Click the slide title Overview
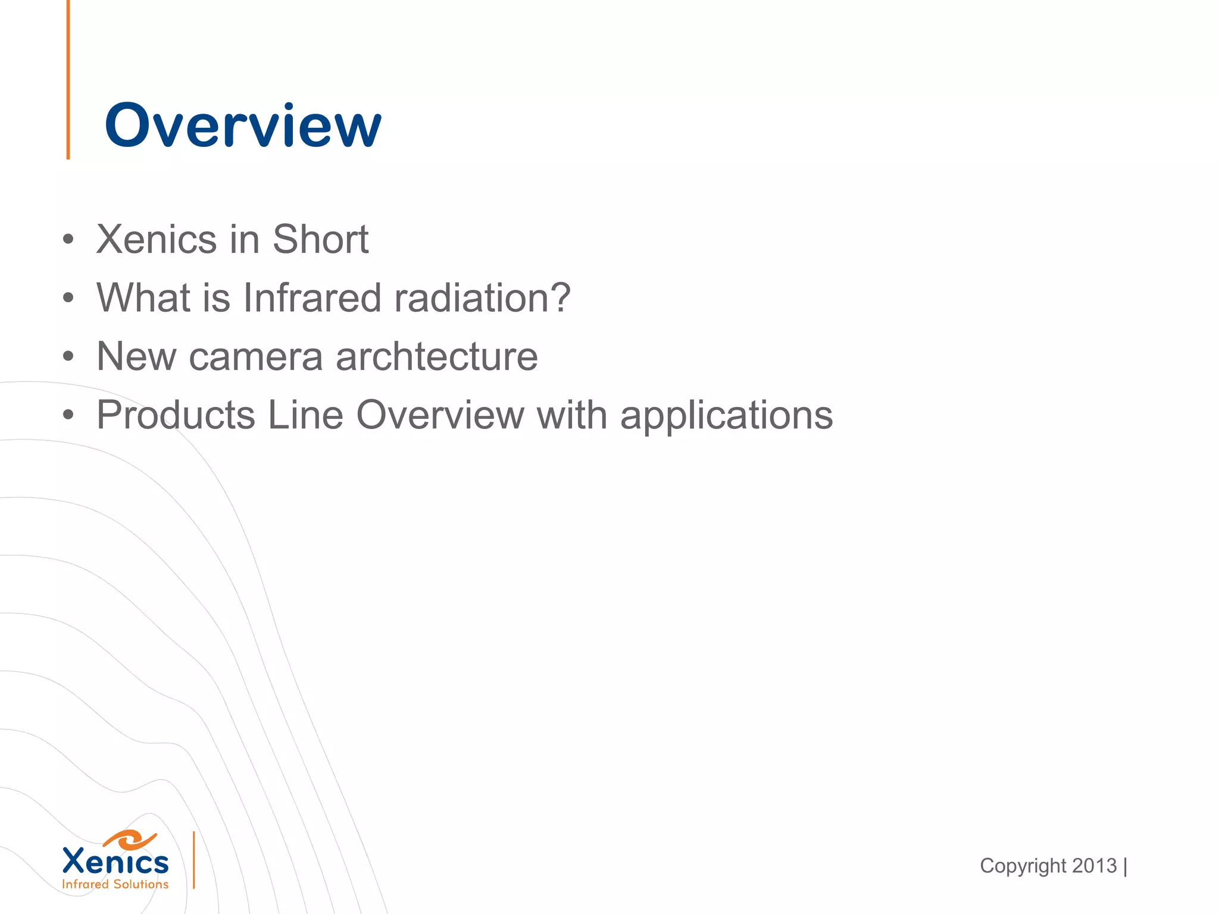click(243, 126)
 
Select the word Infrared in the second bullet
click(312, 298)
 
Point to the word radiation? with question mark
click(482, 298)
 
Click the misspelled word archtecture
click(437, 356)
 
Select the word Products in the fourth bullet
click(176, 415)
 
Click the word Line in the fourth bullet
click(305, 415)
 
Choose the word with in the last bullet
click(572, 415)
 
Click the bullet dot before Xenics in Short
click(68, 240)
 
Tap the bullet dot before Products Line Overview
click(68, 415)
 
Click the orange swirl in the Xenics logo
click(129, 840)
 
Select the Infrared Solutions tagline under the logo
click(115, 884)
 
